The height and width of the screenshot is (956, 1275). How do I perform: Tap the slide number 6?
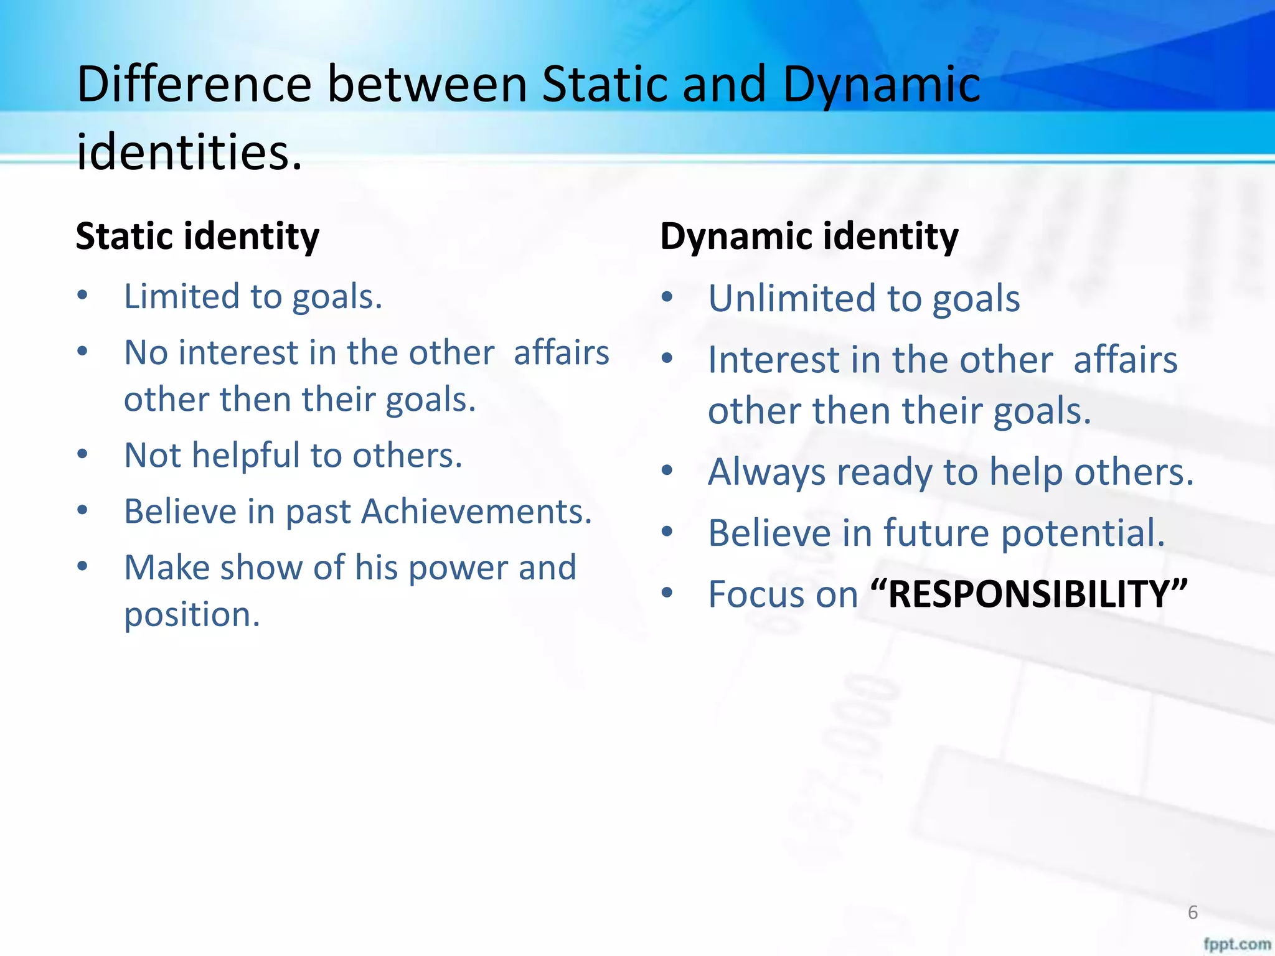pyautogui.click(x=1193, y=912)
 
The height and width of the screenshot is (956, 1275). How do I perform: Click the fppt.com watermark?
pyautogui.click(x=1236, y=944)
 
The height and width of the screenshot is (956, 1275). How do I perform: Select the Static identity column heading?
pyautogui.click(x=197, y=237)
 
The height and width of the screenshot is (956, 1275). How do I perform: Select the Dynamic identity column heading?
pyautogui.click(x=809, y=237)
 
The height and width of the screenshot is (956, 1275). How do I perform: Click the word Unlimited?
pyautogui.click(x=792, y=298)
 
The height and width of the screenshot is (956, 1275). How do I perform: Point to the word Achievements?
pyautogui.click(x=476, y=512)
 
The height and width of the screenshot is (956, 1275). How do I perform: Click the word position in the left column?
pyautogui.click(x=191, y=614)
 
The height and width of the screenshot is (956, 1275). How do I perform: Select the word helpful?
pyautogui.click(x=247, y=455)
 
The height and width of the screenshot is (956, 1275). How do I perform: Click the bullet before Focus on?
pyautogui.click(x=667, y=593)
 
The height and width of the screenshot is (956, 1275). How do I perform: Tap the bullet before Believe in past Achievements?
pyautogui.click(x=82, y=511)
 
